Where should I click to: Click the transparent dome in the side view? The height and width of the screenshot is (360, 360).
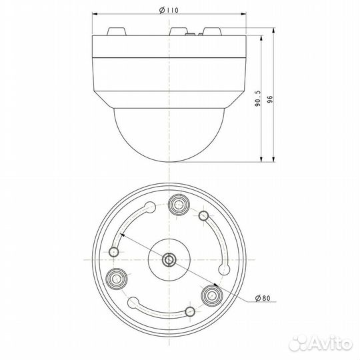pos(171,137)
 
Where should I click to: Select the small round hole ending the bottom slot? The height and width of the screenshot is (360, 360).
pos(191,312)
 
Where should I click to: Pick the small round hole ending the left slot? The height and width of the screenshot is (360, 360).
pos(115,252)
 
